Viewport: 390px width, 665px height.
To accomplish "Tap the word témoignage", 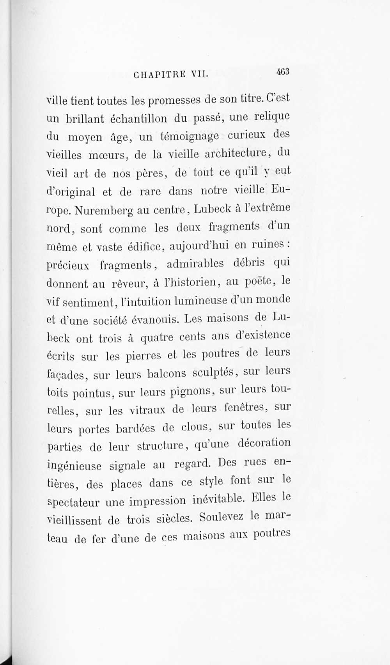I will pos(189,136).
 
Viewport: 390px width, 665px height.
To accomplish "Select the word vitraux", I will pos(147,410).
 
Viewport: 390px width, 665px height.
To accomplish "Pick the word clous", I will pos(197,427).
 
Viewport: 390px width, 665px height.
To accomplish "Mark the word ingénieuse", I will pos(74,466).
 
